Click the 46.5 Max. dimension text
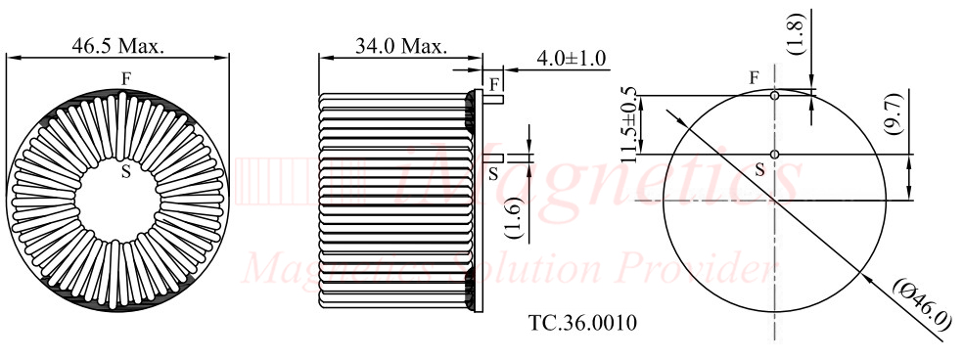(118, 46)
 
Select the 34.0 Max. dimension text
(400, 46)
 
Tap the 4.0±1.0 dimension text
(572, 59)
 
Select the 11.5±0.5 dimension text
(627, 123)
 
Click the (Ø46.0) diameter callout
(920, 306)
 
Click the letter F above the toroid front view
(125, 76)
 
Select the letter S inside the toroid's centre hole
(125, 172)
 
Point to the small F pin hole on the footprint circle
(774, 96)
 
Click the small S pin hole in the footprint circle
(774, 155)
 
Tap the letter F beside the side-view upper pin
(494, 81)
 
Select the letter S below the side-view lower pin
(493, 173)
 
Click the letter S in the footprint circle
(759, 170)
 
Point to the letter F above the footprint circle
(754, 77)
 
